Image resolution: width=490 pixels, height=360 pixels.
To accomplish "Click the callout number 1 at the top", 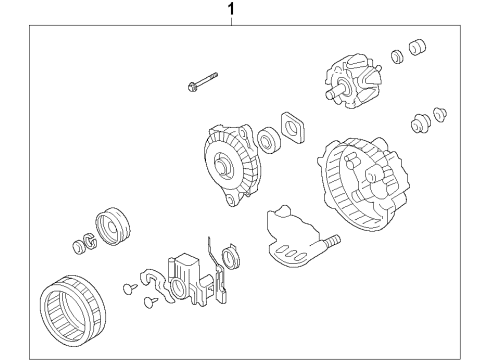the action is [231, 9].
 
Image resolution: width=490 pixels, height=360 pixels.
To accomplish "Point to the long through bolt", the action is [202, 82].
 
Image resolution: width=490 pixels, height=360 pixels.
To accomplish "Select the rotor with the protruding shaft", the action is [353, 81].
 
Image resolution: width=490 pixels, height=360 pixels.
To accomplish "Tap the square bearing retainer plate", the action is [293, 128].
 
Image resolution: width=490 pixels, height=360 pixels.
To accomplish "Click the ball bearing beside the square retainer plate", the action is [269, 139].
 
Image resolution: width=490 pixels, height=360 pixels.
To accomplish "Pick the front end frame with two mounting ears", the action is [232, 164].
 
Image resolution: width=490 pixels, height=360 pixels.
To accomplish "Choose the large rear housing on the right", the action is [363, 184].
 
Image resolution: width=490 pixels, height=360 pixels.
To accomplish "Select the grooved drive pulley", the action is [113, 226].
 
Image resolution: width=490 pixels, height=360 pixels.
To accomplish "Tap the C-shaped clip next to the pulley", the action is [90, 241].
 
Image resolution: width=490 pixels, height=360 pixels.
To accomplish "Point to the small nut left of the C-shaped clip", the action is [78, 247].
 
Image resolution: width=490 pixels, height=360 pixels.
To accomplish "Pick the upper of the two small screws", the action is [130, 288].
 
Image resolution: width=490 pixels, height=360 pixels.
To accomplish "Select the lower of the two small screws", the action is [151, 302].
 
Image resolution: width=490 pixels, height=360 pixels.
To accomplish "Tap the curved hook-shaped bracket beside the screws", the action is [156, 283].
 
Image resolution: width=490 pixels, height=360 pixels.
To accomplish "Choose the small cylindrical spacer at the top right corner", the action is [417, 47].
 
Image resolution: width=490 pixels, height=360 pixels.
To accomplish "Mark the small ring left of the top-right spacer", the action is [397, 57].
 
